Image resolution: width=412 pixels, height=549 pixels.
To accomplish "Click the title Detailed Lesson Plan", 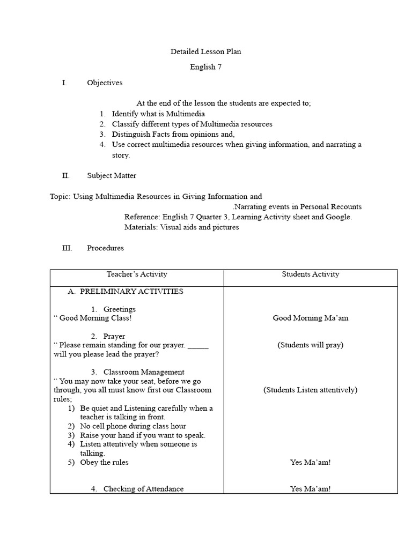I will [205, 52].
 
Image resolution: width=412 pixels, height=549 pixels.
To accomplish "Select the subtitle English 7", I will [205, 67].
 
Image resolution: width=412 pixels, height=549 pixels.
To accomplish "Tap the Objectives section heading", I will [105, 83].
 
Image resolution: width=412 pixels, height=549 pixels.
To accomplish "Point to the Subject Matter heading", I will [112, 175].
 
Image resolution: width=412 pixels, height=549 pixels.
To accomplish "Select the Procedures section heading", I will [105, 248].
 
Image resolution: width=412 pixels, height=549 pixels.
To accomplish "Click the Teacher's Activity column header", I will [137, 274].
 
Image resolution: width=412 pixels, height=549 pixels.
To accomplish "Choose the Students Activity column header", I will [311, 274].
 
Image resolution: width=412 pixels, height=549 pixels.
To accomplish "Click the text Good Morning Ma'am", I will [311, 318].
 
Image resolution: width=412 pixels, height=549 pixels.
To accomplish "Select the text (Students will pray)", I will [311, 345].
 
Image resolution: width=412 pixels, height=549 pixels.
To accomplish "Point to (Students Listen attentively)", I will [311, 390].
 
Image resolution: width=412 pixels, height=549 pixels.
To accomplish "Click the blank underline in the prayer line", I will [198, 346].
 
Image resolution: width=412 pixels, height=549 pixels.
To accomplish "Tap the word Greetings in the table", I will [120, 309].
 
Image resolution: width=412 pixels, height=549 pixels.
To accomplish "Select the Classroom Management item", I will [144, 372].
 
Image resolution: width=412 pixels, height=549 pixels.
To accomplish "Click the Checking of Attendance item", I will [143, 488].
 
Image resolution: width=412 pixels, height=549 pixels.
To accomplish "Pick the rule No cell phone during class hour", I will [133, 426].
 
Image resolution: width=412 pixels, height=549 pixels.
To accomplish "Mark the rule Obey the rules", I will [104, 462].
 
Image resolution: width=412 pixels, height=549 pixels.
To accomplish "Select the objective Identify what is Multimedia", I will [158, 114].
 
